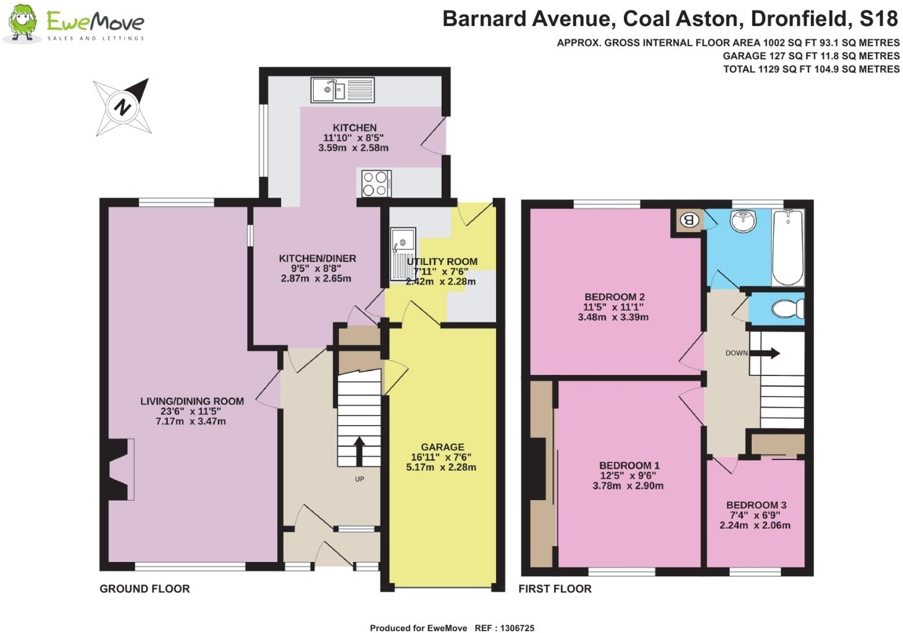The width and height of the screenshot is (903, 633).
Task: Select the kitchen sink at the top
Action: [343, 90]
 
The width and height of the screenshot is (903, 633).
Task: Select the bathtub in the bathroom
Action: [787, 247]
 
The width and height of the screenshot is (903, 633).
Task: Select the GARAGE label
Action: [442, 447]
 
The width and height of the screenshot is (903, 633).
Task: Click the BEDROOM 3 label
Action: [756, 505]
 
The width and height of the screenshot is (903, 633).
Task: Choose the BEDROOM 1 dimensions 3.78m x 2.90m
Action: [628, 486]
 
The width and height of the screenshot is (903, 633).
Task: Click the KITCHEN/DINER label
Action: [317, 258]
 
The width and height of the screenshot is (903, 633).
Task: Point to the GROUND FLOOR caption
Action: [145, 589]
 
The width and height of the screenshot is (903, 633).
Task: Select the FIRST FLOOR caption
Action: [555, 589]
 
